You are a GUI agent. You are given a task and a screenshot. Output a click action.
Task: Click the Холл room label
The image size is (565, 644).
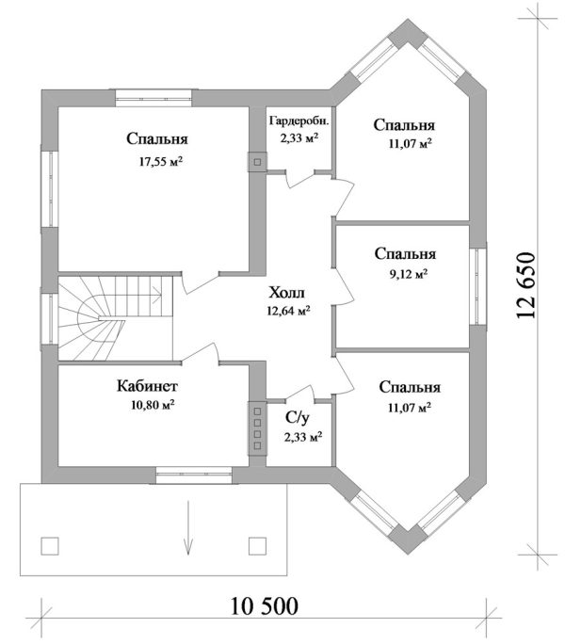[x=287, y=293]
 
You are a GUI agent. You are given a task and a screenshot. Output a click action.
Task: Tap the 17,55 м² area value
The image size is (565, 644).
[x=161, y=161]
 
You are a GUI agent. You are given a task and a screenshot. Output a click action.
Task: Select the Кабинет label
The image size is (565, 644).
[x=147, y=386]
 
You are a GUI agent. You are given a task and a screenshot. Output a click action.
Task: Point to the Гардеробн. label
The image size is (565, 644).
[x=299, y=121]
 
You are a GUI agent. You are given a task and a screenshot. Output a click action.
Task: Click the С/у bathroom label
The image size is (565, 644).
[x=298, y=417]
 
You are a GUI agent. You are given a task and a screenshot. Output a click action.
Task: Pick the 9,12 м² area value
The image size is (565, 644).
[x=409, y=274]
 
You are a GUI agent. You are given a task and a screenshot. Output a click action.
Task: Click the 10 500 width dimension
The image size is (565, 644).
[x=264, y=606]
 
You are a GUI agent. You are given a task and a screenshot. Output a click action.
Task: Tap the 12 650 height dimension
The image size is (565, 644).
[x=526, y=285]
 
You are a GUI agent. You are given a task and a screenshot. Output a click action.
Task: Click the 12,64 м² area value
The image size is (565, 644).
[x=288, y=311]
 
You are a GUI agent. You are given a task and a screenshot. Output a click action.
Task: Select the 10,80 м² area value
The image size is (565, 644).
[x=153, y=405]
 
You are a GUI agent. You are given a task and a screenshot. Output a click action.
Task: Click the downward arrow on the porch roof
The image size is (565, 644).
[x=188, y=528]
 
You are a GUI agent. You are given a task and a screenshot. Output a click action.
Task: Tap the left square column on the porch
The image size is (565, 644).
[x=50, y=546]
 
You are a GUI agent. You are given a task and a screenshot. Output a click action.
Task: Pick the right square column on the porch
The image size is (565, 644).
[x=258, y=546]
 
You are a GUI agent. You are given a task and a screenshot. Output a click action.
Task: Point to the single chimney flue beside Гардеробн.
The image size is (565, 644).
[x=257, y=162]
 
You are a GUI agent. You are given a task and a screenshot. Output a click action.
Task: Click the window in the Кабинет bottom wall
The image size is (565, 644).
[x=194, y=475]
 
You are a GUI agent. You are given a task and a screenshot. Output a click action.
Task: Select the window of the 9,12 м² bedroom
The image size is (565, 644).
[x=477, y=286]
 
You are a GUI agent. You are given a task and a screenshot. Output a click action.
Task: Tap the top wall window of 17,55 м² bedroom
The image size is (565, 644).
[x=153, y=98]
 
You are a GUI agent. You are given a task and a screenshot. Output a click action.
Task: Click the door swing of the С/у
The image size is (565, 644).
[x=300, y=394]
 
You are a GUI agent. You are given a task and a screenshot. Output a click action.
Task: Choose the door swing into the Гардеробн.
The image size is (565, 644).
[x=300, y=180]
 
